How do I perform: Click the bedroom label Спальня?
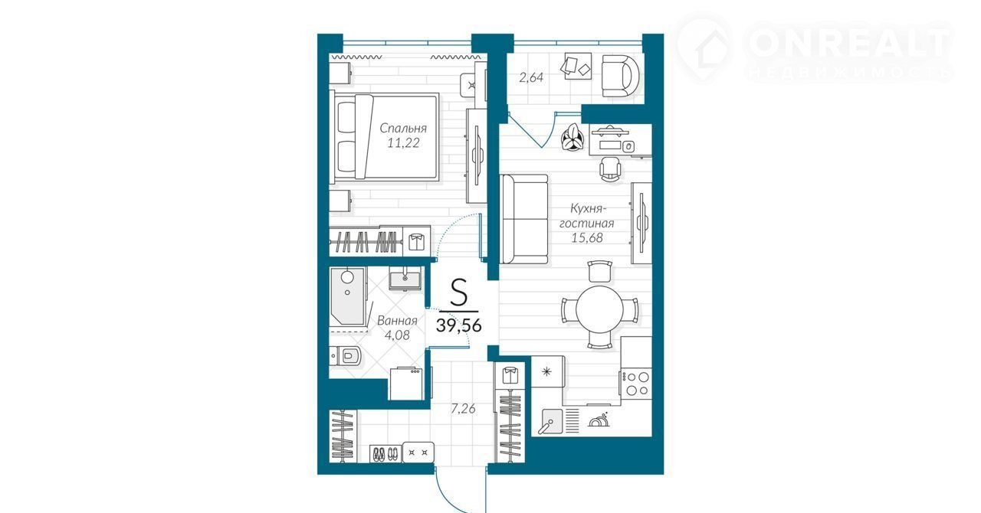pos(403,129)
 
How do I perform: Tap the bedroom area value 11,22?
pos(403,142)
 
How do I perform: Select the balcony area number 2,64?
pos(531,77)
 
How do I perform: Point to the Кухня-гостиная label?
pos(587,215)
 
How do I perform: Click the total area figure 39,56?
pos(459,325)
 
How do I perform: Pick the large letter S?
pos(459,293)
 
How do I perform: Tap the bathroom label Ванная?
pos(397,320)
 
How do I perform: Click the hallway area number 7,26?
pos(464,409)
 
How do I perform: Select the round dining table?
pos(599,309)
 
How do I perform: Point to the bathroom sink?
pos(405,279)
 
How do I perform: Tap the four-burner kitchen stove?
pos(636,384)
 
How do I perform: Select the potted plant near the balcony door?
pos(573,138)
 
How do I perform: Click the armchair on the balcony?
pos(620,76)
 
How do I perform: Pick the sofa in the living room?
pos(523,219)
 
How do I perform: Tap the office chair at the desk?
pos(610,169)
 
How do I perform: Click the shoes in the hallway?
pos(386,454)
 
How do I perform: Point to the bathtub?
pos(348,296)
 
